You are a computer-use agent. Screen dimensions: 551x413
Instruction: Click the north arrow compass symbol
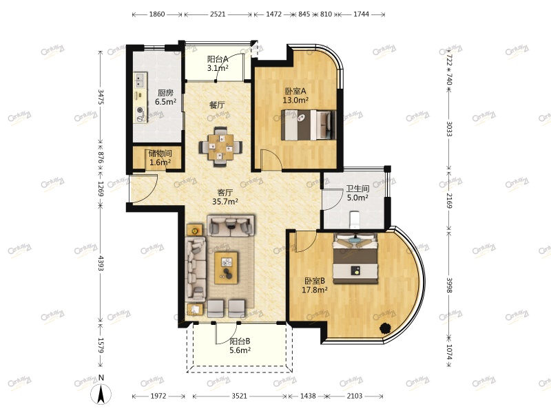tap(101, 393)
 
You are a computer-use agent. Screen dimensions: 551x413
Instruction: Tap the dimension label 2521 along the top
tap(218, 14)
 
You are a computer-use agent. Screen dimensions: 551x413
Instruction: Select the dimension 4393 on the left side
tap(101, 264)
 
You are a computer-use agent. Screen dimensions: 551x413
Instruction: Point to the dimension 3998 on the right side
tap(449, 285)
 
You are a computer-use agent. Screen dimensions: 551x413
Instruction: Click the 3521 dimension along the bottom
tap(239, 396)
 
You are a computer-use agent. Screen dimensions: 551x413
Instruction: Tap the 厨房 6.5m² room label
tap(165, 97)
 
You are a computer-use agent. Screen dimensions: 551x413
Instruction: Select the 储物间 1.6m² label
tap(160, 158)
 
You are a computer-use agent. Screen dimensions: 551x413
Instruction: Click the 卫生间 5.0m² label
tap(357, 193)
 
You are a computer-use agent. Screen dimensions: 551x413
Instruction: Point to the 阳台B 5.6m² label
tap(240, 346)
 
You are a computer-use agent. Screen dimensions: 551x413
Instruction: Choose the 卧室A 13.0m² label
tap(295, 96)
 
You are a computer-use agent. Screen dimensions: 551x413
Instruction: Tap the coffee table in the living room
tap(226, 268)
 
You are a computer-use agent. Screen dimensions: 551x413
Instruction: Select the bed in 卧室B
tap(355, 257)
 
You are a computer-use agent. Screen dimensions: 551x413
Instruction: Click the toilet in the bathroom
tap(355, 220)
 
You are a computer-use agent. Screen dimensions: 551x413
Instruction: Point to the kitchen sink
tap(141, 81)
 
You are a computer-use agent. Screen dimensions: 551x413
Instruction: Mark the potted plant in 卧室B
tap(385, 328)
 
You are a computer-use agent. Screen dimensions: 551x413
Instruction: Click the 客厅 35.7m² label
tap(225, 197)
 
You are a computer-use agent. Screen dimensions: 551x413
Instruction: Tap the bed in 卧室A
tap(308, 125)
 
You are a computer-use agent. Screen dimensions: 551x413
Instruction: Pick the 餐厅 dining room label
tap(217, 105)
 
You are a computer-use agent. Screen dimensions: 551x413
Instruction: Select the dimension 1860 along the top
tap(157, 14)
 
